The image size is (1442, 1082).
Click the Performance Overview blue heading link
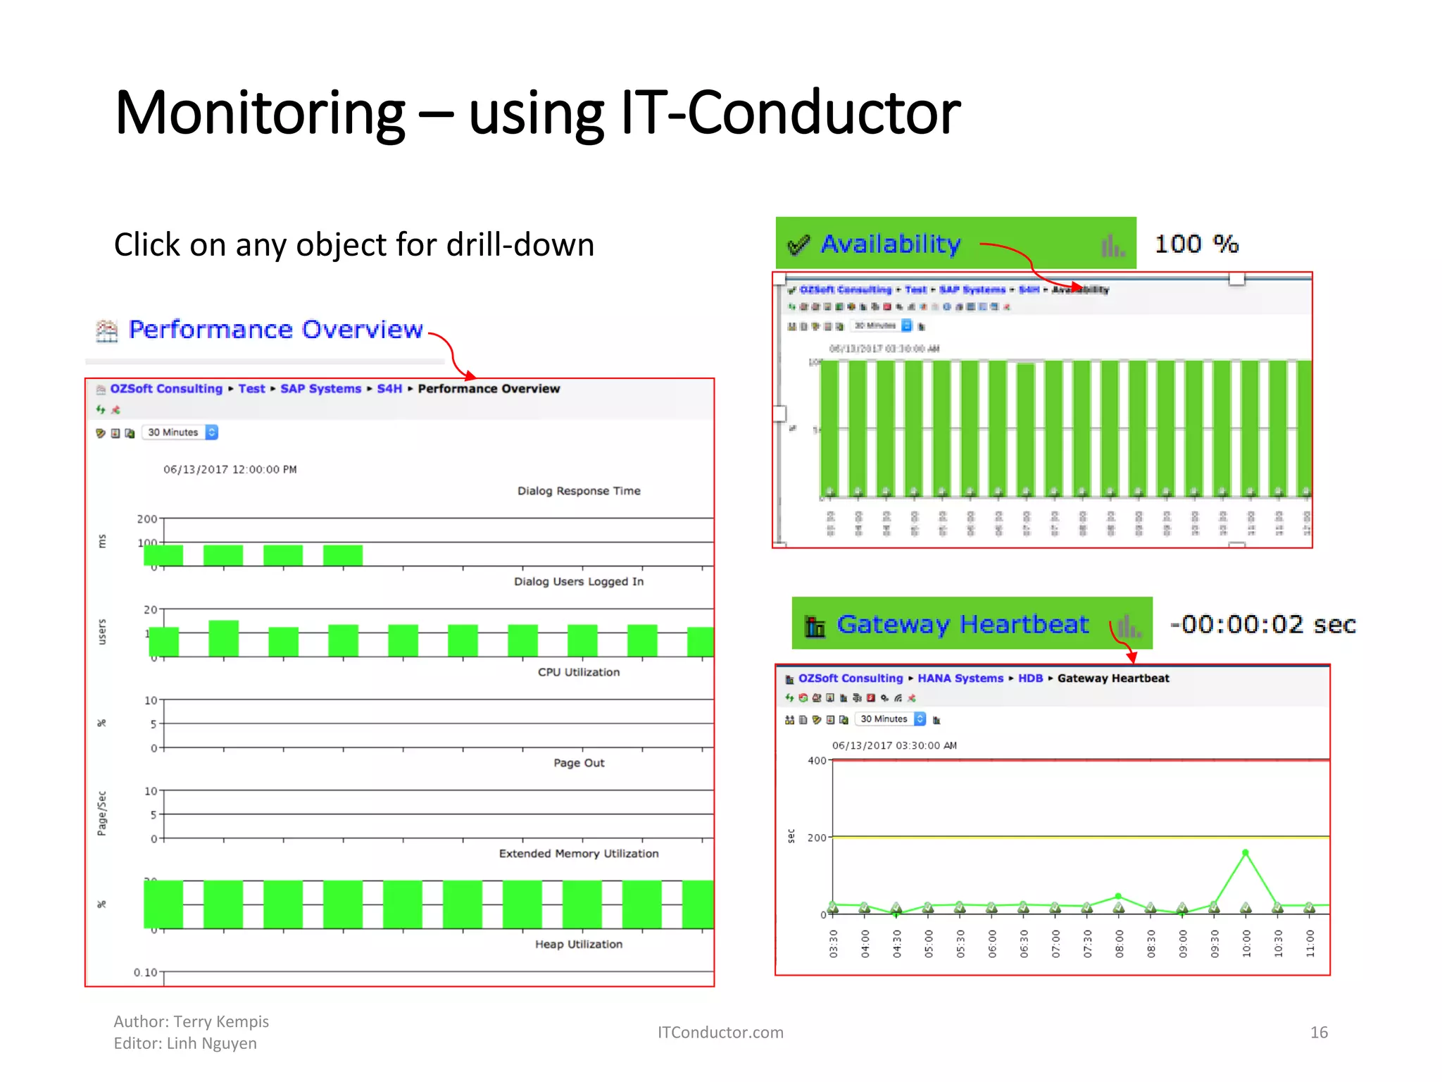point(275,330)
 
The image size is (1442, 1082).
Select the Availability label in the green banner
point(890,244)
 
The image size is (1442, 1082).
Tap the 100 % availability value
point(1196,244)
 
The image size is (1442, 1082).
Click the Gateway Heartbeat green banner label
point(962,624)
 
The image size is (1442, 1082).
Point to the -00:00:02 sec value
point(1262,624)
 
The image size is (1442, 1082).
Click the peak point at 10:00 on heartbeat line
point(1245,853)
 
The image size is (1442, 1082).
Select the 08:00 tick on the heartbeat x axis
point(1119,944)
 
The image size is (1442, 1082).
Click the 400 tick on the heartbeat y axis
point(817,761)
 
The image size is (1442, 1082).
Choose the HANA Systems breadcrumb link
point(960,678)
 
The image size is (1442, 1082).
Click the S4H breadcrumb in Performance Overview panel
point(389,389)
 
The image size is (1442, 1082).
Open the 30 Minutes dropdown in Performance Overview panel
point(182,433)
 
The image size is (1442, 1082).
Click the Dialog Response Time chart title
point(579,491)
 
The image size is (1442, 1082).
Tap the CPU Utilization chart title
point(579,672)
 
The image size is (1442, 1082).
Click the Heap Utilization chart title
point(579,944)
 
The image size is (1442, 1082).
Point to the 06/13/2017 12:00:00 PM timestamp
point(230,470)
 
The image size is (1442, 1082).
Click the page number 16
point(1318,1033)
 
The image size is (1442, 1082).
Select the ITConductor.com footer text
point(720,1033)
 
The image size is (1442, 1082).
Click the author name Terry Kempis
point(221,1021)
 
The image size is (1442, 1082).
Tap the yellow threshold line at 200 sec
point(1056,837)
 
